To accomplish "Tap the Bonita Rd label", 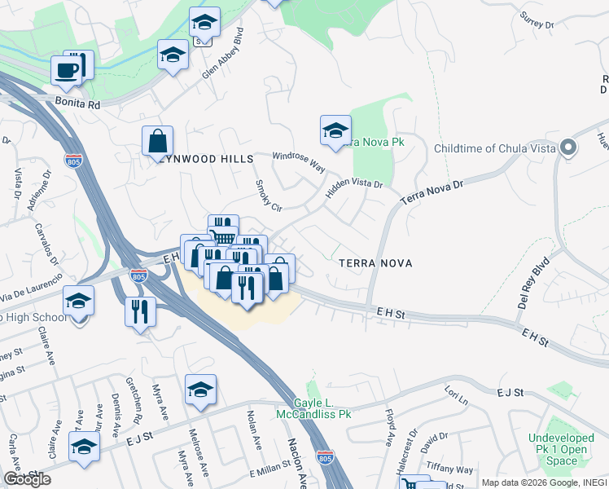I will (x=77, y=104).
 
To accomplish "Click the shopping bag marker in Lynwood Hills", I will (x=157, y=141).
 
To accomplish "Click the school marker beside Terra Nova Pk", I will (x=335, y=130).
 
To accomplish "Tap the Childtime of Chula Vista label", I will (x=494, y=148).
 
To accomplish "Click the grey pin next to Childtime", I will (x=568, y=148).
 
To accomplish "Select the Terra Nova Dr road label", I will (x=432, y=193).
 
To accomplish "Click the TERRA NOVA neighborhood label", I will (x=375, y=263).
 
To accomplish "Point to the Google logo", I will (x=27, y=480).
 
